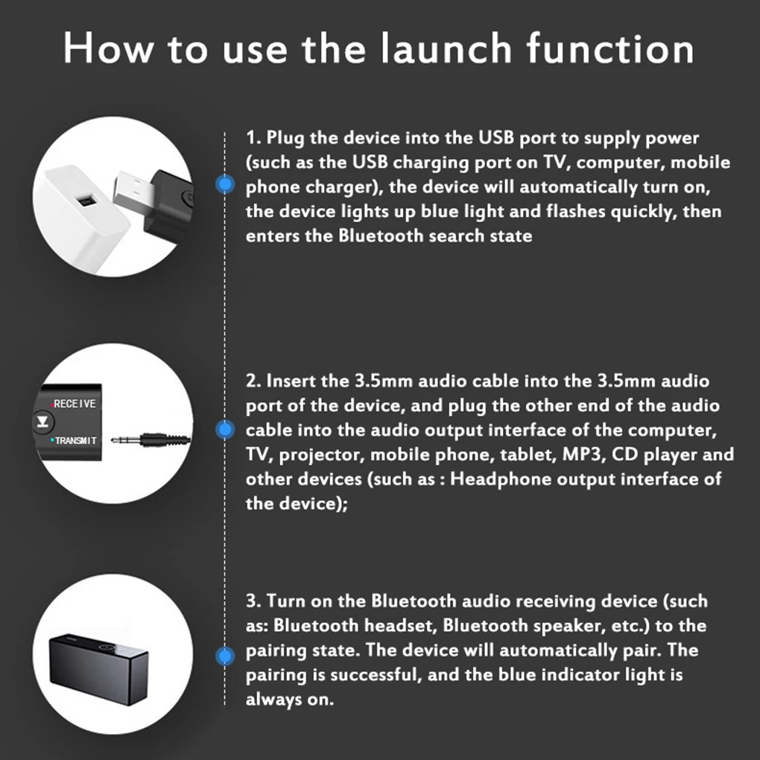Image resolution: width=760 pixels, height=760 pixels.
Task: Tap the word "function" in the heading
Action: (610, 48)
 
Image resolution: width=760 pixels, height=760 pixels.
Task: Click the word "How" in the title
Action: (109, 48)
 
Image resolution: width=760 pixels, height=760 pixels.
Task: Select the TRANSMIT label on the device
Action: (75, 441)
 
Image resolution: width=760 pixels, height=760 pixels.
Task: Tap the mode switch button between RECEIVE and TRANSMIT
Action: (40, 422)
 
